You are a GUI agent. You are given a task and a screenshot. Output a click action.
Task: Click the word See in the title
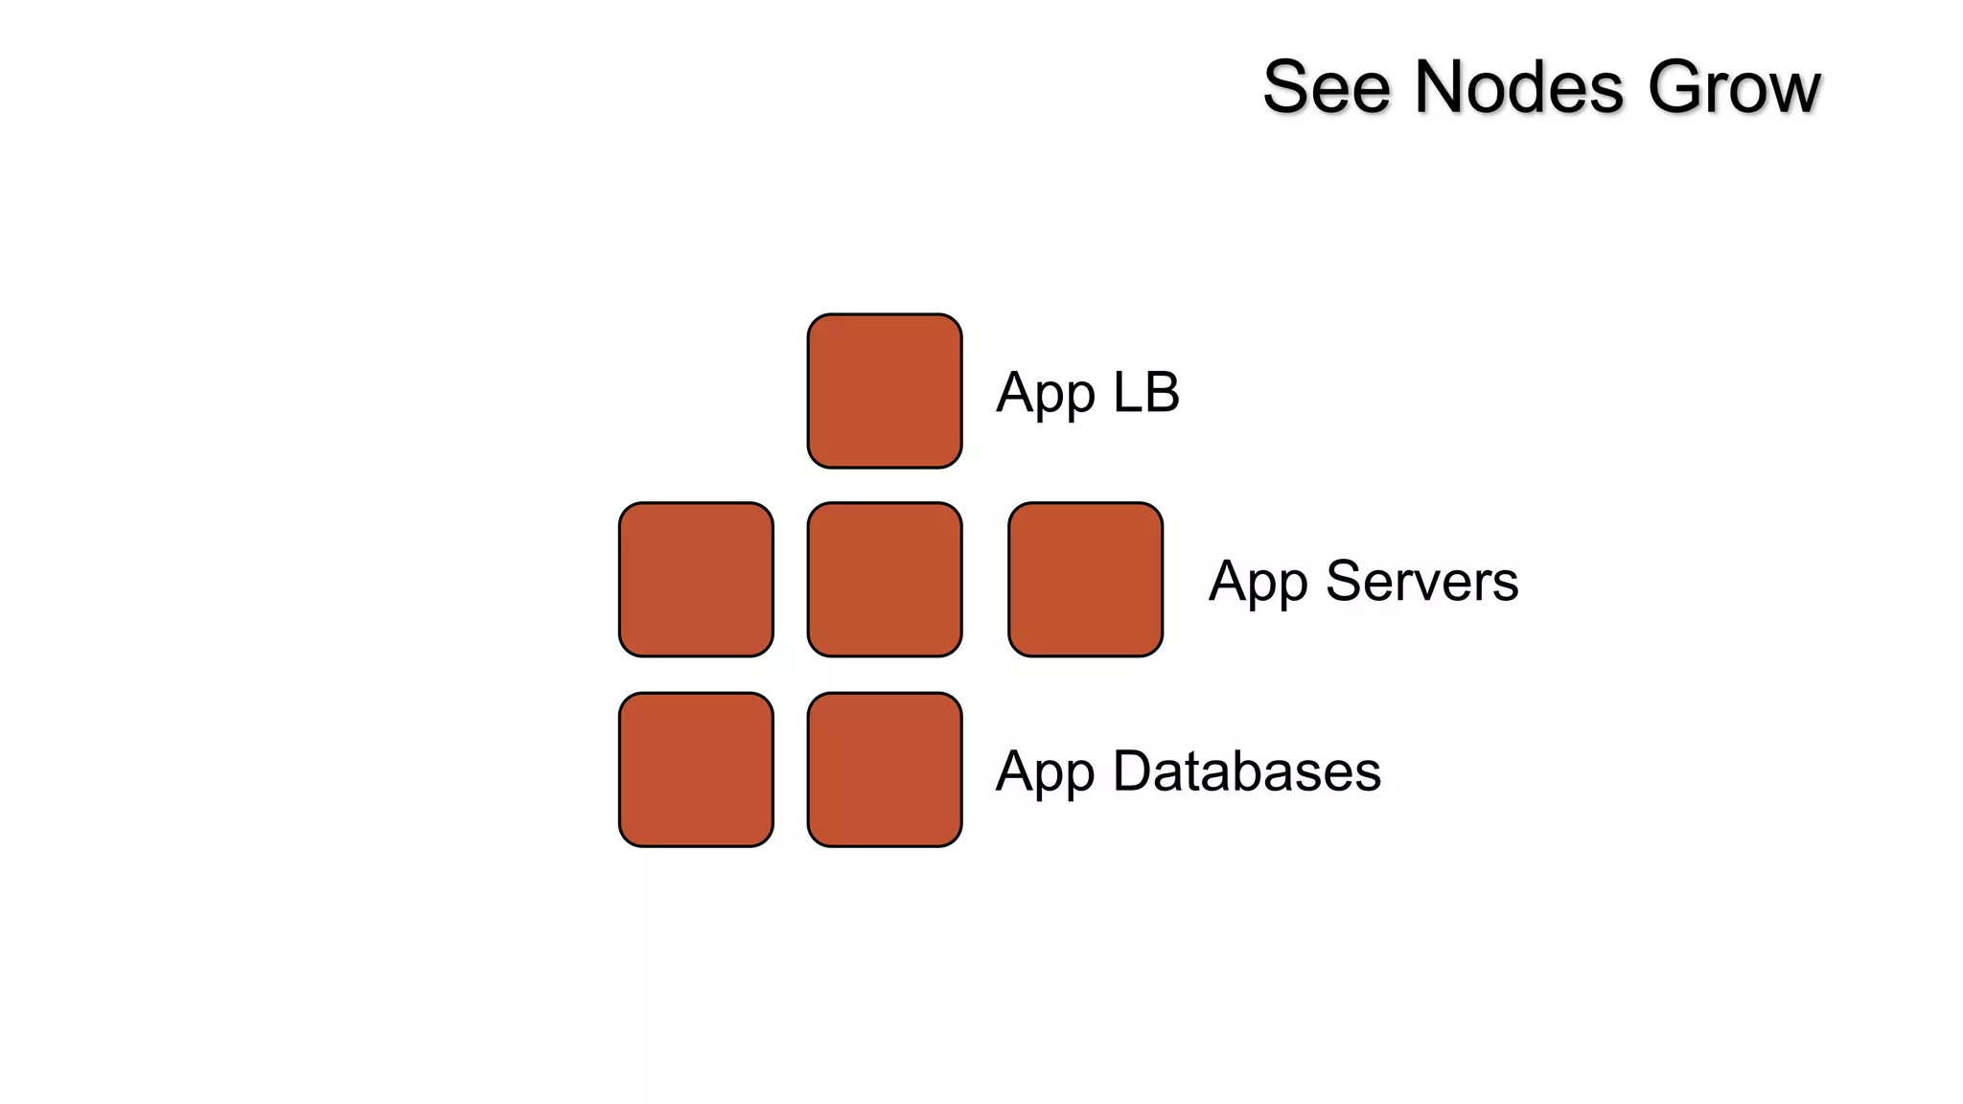[x=1327, y=87]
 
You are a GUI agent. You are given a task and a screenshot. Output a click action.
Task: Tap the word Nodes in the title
[x=1519, y=87]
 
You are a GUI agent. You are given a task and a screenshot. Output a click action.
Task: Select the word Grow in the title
[x=1734, y=87]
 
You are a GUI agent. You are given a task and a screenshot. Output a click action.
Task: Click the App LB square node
[x=885, y=391]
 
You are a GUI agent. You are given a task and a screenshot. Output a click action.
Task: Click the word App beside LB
[x=1046, y=394]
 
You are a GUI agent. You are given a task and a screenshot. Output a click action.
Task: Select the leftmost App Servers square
[x=696, y=580]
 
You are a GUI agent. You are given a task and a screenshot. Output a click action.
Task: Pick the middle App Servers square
[x=885, y=580]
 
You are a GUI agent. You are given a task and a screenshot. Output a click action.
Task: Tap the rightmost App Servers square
[x=1085, y=580]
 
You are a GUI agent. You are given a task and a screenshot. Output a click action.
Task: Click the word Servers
[x=1422, y=581]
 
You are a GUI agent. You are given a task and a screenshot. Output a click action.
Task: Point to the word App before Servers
[x=1259, y=583]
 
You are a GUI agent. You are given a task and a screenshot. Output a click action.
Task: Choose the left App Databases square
[x=696, y=770]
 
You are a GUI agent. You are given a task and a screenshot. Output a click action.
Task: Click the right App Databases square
[x=885, y=770]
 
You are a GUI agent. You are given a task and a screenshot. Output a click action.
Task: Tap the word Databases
[x=1247, y=771]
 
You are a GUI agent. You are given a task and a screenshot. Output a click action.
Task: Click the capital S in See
[x=1286, y=87]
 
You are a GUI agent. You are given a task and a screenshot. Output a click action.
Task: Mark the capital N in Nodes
[x=1443, y=87]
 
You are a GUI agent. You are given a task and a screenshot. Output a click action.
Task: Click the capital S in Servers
[x=1345, y=581]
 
